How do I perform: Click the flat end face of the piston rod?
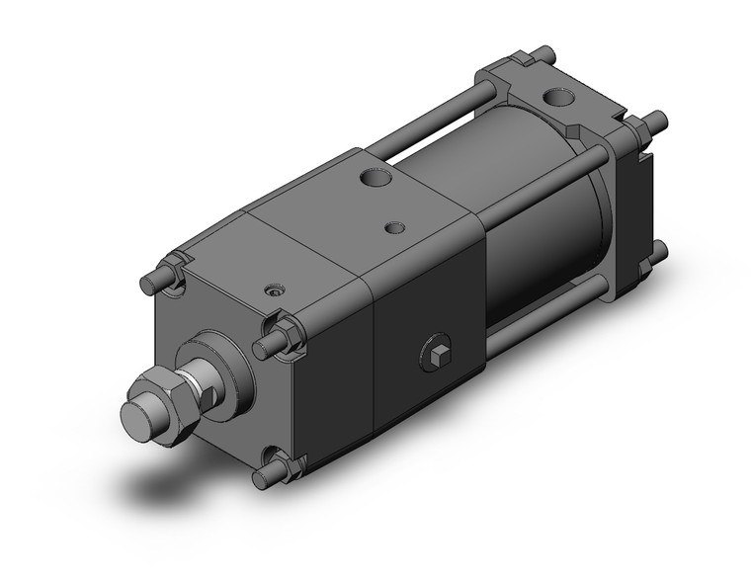click(137, 409)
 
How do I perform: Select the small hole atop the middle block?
click(394, 227)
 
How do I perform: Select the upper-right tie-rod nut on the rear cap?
click(638, 128)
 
